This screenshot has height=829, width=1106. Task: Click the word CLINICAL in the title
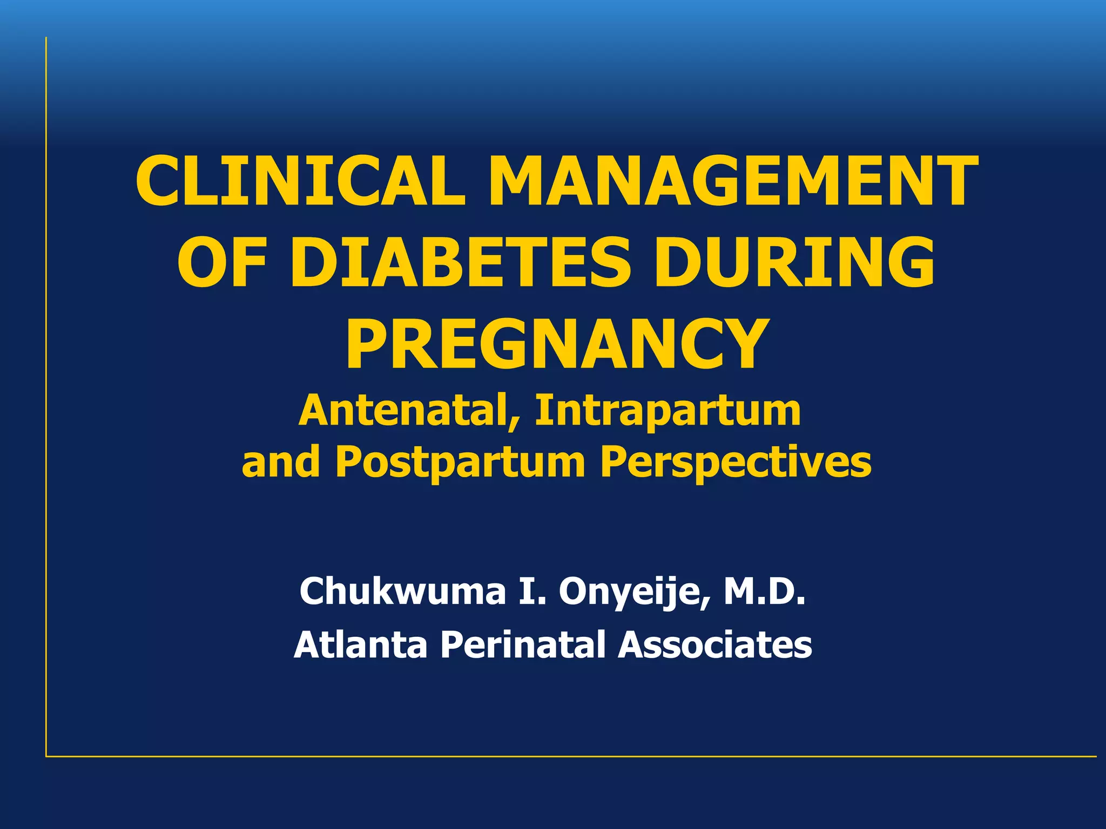[300, 181]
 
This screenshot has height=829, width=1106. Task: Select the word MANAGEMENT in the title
[733, 181]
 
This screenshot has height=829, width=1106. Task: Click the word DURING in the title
[794, 263]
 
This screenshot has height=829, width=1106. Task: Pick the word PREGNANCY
[556, 345]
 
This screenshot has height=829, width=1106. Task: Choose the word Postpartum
[460, 463]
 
